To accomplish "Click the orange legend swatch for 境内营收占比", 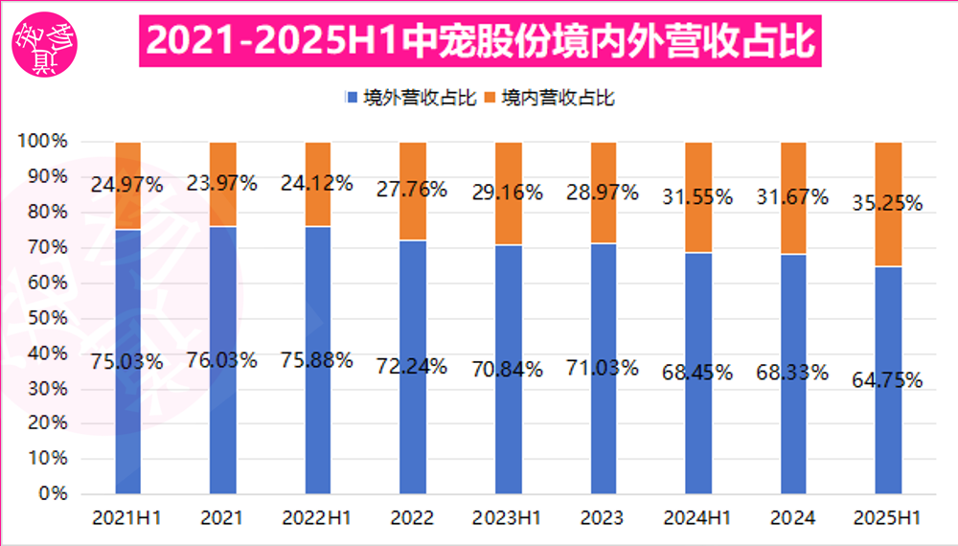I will click(489, 98).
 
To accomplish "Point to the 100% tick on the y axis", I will click(43, 142).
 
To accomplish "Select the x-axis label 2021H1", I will click(126, 518).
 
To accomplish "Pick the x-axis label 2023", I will click(604, 518).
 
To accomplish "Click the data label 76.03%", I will click(222, 361).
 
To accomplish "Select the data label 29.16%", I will click(509, 192).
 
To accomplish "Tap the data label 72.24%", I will click(413, 365).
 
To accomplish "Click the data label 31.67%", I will click(794, 197).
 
